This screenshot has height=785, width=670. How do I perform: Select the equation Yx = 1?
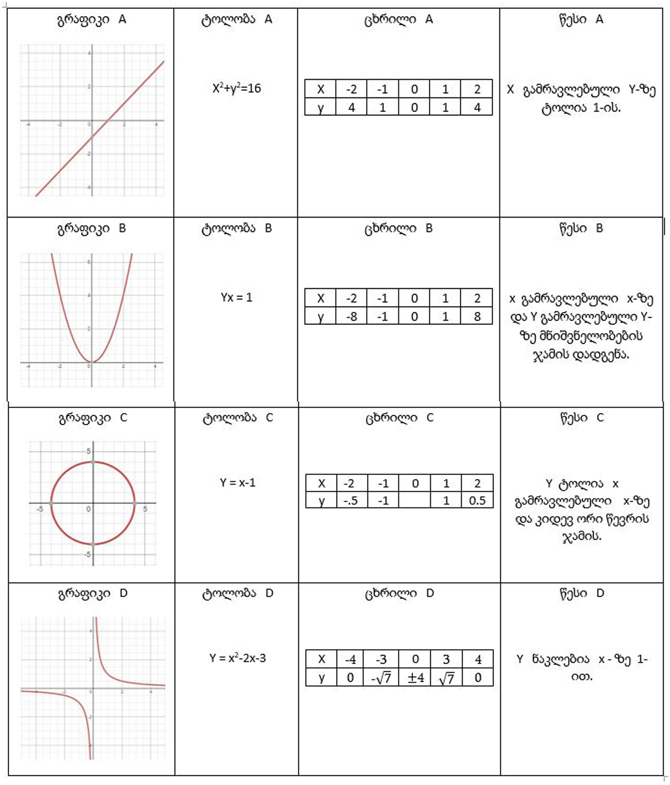(237, 297)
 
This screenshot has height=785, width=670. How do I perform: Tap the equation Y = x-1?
(237, 483)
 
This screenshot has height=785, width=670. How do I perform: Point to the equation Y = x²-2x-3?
(237, 658)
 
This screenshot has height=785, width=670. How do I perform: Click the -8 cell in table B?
(351, 316)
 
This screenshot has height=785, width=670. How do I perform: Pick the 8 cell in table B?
(477, 316)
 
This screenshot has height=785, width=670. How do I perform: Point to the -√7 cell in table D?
(381, 678)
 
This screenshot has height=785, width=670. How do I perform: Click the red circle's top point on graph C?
(93, 462)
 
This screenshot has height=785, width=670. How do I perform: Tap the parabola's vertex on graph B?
(91, 362)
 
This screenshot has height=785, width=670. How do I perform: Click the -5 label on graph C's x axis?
(39, 509)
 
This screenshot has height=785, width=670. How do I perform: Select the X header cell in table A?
(320, 89)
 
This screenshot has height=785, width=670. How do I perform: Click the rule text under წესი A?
(581, 99)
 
